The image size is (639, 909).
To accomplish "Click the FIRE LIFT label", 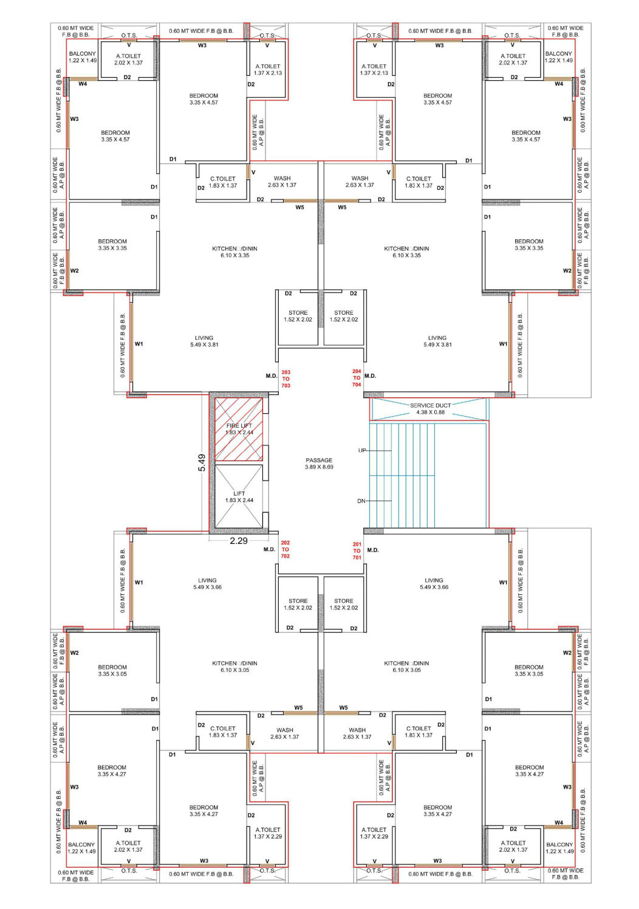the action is tap(239, 426).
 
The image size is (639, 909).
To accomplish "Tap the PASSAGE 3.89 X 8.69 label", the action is tap(319, 464).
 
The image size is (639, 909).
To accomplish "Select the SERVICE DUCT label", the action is tap(431, 405).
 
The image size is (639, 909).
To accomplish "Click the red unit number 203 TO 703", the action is tap(286, 379).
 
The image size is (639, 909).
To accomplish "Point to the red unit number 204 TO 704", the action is tap(357, 378).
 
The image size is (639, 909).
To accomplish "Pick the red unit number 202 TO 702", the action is tap(285, 549).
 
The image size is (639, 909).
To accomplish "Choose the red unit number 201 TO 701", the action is tap(357, 551).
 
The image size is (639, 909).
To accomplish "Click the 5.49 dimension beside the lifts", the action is tap(202, 462).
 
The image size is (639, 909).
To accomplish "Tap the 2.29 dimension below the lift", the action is tap(239, 541).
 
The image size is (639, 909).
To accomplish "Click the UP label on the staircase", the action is tap(362, 450).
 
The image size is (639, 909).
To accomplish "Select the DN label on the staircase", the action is tap(361, 501).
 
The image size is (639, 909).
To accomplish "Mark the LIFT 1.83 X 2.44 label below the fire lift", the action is tap(239, 496).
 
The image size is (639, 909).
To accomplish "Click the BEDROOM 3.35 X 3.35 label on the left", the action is tap(112, 245).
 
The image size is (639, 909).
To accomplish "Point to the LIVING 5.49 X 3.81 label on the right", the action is tap(437, 341).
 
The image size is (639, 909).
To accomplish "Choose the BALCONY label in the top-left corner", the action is tap(83, 53).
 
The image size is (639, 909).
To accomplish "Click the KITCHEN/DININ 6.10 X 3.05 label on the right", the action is tap(406, 667).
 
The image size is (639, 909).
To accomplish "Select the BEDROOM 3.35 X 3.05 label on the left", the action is tap(112, 670).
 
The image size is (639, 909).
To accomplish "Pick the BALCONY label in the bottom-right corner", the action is tap(559, 845).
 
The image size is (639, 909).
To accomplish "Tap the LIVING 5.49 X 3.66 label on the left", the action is tap(207, 583).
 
